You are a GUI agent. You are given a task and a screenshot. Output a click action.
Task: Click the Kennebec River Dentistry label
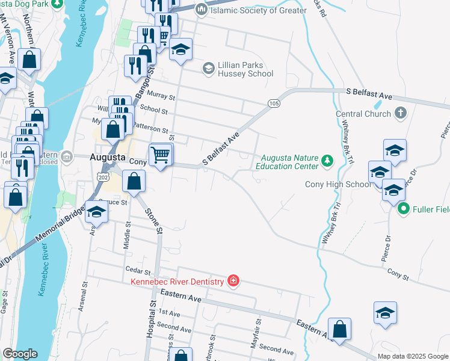pos(178,281)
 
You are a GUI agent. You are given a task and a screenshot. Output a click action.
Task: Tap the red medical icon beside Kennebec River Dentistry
pos(233,281)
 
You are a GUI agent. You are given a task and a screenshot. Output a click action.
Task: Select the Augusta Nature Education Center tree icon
pos(327,160)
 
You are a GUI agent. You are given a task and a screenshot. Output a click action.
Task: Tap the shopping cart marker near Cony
pos(161,156)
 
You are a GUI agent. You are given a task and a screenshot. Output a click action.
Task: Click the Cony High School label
pos(337,184)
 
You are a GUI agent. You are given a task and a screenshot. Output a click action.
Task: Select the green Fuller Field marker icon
pos(404,209)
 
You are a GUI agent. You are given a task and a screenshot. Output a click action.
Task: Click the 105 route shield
pos(274,103)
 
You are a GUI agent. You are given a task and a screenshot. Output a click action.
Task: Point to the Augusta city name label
pos(106,158)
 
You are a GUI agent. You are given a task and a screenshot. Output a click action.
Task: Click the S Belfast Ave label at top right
pos(369,96)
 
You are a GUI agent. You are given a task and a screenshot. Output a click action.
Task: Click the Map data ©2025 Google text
pos(412,356)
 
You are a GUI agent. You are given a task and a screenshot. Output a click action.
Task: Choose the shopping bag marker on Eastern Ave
pos(339,330)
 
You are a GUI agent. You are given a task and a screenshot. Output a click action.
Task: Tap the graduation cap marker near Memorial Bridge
pos(96,212)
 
